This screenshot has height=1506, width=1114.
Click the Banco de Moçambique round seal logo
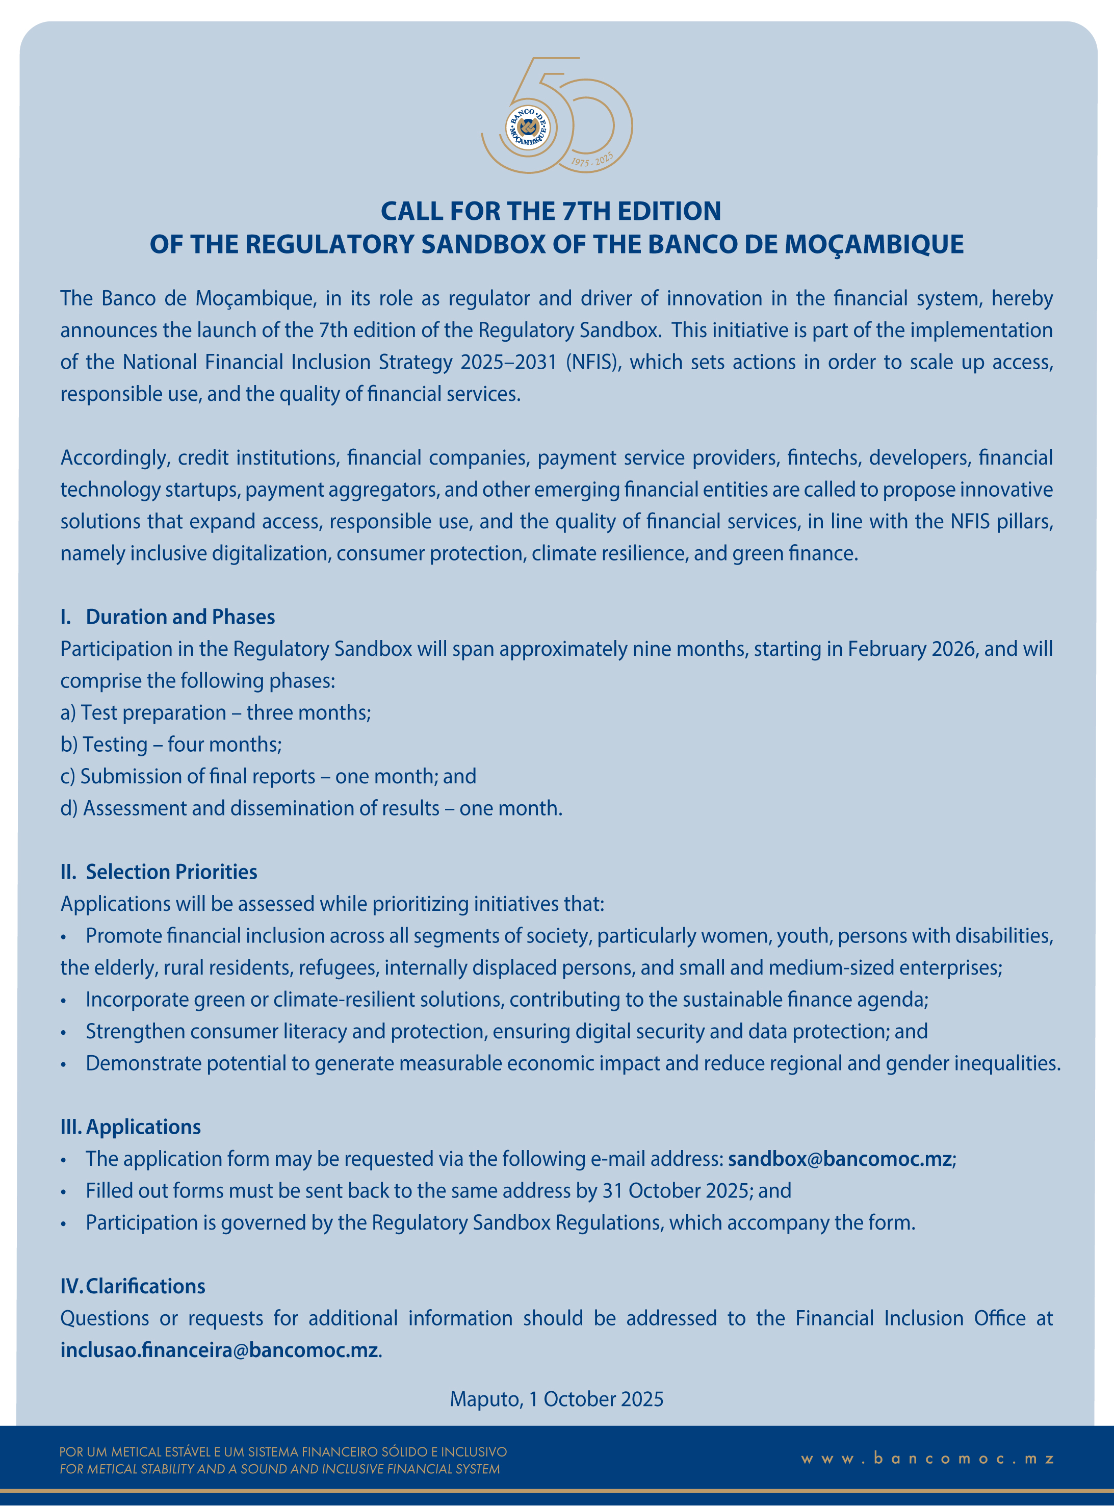click(527, 127)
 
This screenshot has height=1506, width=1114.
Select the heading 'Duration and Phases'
click(180, 617)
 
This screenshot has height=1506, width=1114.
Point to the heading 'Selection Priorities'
click(171, 872)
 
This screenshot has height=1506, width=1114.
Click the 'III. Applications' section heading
click(131, 1127)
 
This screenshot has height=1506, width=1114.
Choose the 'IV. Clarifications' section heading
click(133, 1286)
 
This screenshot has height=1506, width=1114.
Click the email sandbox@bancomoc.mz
click(840, 1159)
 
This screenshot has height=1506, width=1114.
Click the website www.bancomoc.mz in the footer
click(928, 1459)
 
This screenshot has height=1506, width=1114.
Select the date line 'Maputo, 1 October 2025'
click(556, 1399)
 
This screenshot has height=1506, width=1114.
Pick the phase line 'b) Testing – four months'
click(171, 745)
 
